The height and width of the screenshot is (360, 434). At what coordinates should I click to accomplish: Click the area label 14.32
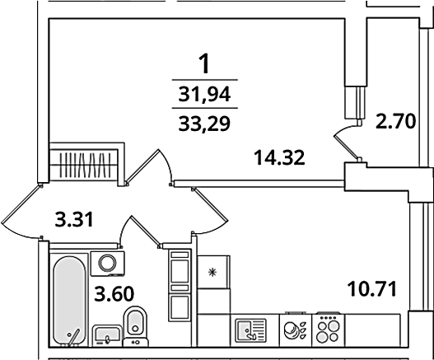[279, 157]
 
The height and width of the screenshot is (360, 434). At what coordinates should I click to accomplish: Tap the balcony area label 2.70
[396, 122]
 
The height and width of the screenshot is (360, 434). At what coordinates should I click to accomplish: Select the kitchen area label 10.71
[372, 288]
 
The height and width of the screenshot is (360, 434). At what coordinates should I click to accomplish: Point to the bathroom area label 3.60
[114, 294]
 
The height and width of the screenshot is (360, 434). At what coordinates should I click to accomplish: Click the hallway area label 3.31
[74, 219]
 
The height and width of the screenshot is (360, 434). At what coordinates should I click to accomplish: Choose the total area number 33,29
[204, 124]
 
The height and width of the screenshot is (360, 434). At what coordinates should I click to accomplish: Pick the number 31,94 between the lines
[204, 94]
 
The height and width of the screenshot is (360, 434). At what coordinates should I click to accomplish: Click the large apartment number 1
[204, 64]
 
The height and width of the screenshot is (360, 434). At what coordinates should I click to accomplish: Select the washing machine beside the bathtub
[107, 264]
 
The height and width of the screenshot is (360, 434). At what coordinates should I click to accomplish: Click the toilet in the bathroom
[135, 327]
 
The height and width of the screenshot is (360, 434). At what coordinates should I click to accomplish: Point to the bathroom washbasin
[107, 335]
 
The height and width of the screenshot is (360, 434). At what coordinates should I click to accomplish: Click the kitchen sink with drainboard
[251, 330]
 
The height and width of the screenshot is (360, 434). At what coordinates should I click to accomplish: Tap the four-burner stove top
[329, 330]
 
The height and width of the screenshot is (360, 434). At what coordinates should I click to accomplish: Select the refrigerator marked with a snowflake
[213, 272]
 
